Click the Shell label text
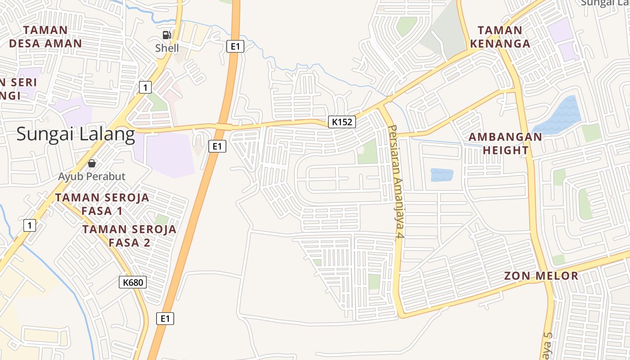[167, 48]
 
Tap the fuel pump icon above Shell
[167, 35]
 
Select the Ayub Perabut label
[92, 176]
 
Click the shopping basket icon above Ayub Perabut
[92, 163]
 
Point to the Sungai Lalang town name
[76, 134]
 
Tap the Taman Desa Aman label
[45, 37]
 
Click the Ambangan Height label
[505, 144]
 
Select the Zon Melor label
[541, 276]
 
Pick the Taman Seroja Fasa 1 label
[102, 204]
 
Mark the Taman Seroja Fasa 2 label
[129, 236]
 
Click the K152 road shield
[342, 121]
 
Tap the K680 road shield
[133, 282]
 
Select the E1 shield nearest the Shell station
[235, 46]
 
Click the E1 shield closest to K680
[165, 319]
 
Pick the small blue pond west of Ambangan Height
[441, 175]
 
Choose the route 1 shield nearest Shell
[145, 87]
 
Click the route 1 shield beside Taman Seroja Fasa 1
[29, 225]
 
